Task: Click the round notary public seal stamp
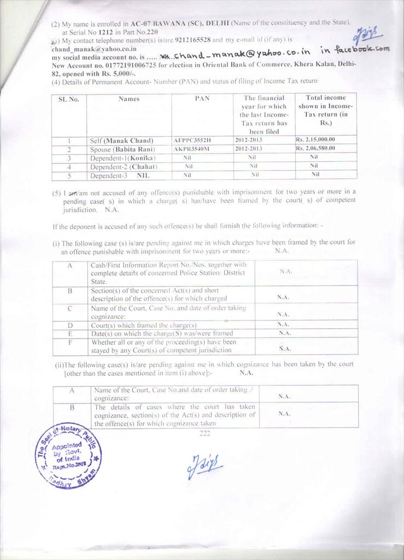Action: tap(69, 453)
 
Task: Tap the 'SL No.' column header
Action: tap(69, 100)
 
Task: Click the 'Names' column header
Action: tap(128, 99)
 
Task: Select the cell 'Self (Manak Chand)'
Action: tap(121, 141)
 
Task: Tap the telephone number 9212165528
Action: tap(189, 40)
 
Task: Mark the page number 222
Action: tap(205, 433)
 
